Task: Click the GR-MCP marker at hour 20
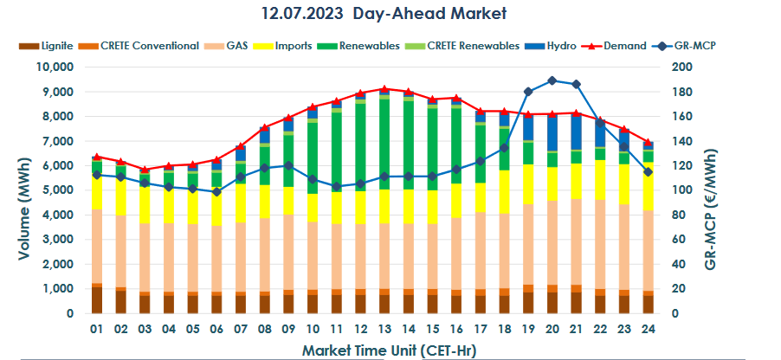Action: [x=551, y=80]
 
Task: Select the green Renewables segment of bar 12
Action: [x=359, y=147]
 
